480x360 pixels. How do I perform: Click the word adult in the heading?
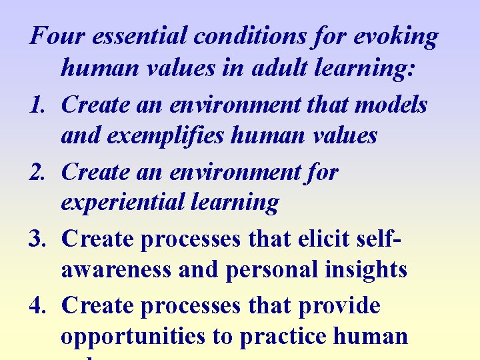click(285, 67)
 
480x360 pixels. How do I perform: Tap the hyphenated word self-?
click(389, 238)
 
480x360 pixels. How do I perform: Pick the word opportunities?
click(133, 337)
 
